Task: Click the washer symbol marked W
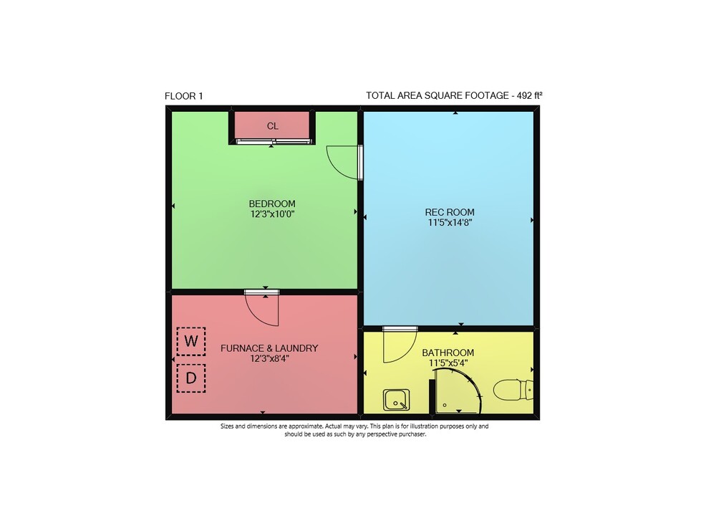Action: [191, 341]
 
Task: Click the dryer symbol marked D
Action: [191, 378]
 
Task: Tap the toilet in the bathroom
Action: [513, 390]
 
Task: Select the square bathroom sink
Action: [396, 400]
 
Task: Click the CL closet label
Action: [273, 126]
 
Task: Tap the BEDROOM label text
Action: [272, 204]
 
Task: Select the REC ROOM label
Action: [450, 212]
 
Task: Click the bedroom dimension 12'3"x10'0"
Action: [272, 214]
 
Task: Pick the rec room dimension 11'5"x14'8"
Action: [450, 223]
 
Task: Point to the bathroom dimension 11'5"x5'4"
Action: [448, 363]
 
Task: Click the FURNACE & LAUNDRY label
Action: [269, 348]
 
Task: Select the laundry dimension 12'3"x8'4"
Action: [269, 359]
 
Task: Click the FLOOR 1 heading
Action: [183, 96]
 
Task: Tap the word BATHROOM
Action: [448, 353]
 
